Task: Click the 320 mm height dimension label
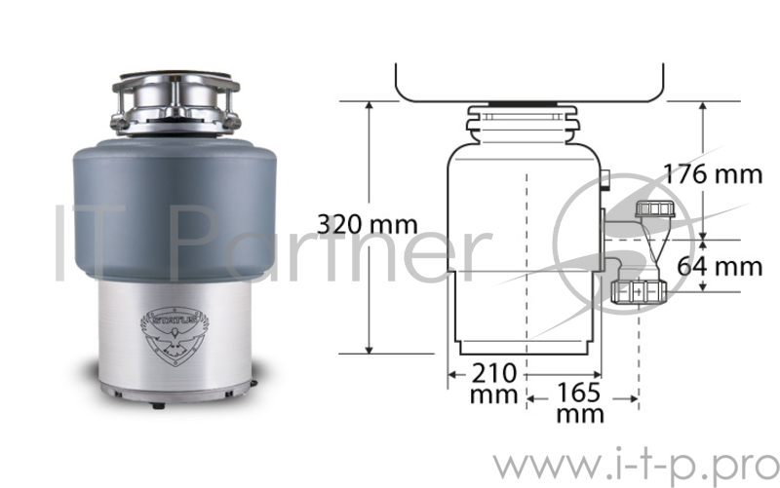coord(368,225)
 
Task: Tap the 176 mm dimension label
coord(713,174)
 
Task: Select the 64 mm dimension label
coord(720,266)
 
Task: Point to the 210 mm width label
coord(494,384)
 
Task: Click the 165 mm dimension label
coord(579,403)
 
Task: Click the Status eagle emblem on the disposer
coord(175,336)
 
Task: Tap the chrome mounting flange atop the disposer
coord(176,104)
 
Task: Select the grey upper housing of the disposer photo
coord(175,208)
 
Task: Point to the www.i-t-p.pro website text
coord(637,468)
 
